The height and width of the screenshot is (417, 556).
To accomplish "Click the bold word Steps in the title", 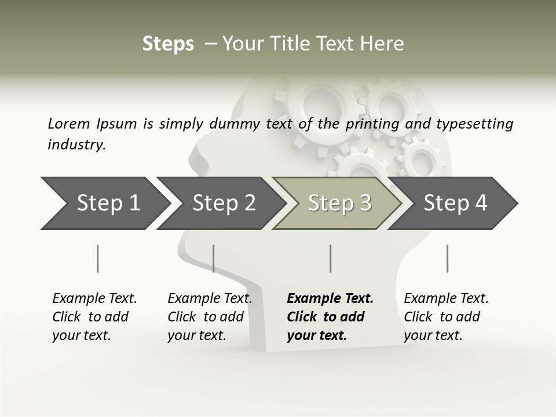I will tap(168, 44).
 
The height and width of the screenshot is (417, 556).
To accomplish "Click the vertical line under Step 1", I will tap(98, 258).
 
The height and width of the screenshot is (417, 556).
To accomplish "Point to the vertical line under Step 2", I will tap(214, 258).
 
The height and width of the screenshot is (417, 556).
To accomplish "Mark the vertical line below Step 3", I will tap(330, 258).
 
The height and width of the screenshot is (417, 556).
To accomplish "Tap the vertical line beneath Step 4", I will tap(447, 258).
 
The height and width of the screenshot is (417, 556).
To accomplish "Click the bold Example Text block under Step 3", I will tap(330, 317).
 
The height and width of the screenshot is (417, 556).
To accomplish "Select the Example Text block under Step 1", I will tap(94, 317).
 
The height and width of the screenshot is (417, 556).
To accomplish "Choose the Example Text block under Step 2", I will tap(210, 317).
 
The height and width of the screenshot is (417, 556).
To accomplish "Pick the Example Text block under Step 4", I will tap(446, 317).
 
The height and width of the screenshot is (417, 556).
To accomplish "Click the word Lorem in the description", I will tap(69, 124).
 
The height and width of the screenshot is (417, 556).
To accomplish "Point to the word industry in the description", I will tap(76, 145).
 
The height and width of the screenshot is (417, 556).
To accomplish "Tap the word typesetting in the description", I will tap(474, 124).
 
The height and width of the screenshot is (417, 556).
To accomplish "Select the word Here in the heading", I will tap(385, 44).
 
